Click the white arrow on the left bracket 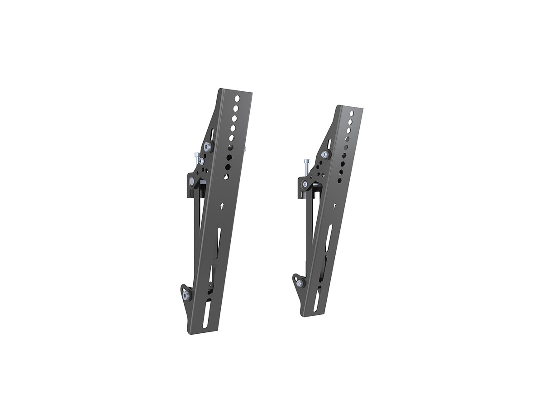222,206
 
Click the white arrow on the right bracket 334,206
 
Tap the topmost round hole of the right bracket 352,114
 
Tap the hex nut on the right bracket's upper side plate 324,154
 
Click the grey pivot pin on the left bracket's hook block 192,181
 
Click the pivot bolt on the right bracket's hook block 305,184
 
